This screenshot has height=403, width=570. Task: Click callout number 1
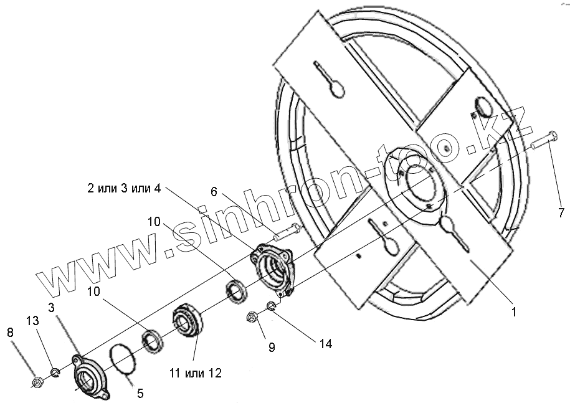pos(514,312)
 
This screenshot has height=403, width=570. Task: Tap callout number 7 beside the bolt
pos(561,213)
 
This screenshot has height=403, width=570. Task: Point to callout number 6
pos(214,192)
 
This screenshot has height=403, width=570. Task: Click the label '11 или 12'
pos(194,373)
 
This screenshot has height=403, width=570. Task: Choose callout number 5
pos(140,393)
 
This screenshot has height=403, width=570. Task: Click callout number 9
pos(272,347)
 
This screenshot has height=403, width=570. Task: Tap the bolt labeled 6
pos(287,233)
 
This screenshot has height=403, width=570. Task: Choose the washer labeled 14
pos(272,305)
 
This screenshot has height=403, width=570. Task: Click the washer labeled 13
pos(54,373)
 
